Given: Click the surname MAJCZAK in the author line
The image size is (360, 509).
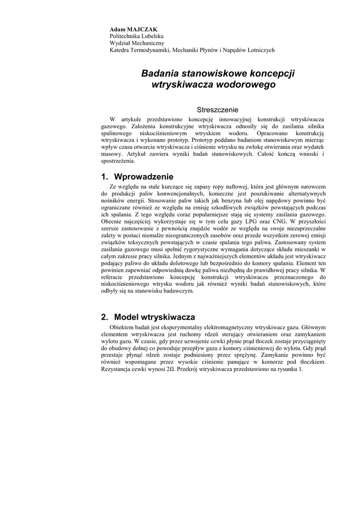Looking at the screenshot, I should click(x=143, y=29).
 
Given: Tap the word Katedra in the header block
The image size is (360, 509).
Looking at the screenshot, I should click(x=120, y=50).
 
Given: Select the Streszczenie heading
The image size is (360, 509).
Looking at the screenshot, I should click(x=218, y=110).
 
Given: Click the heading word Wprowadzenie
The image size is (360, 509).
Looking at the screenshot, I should click(x=144, y=176).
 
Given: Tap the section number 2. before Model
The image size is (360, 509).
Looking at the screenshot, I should click(x=104, y=317).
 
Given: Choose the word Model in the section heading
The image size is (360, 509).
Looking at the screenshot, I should click(x=126, y=317).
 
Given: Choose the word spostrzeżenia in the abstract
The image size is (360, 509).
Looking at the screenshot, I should click(x=117, y=161).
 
